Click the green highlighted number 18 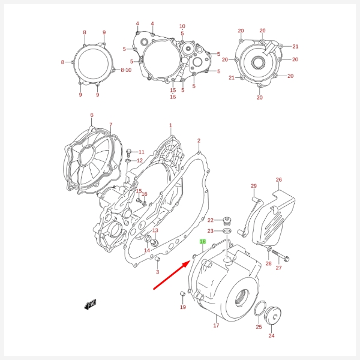pyautogui.click(x=203, y=242)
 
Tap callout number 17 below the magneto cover pyautogui.click(x=216, y=326)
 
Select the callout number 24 pyautogui.click(x=271, y=336)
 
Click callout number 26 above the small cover pyautogui.click(x=278, y=180)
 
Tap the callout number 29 pyautogui.click(x=253, y=186)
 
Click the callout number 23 pyautogui.click(x=210, y=231)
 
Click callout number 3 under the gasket pyautogui.click(x=157, y=272)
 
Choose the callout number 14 pyautogui.click(x=147, y=250)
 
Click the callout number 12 pyautogui.click(x=140, y=161)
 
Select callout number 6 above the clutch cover pyautogui.click(x=92, y=115)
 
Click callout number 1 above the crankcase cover pyautogui.click(x=170, y=126)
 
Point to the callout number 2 pyautogui.click(x=199, y=141)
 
